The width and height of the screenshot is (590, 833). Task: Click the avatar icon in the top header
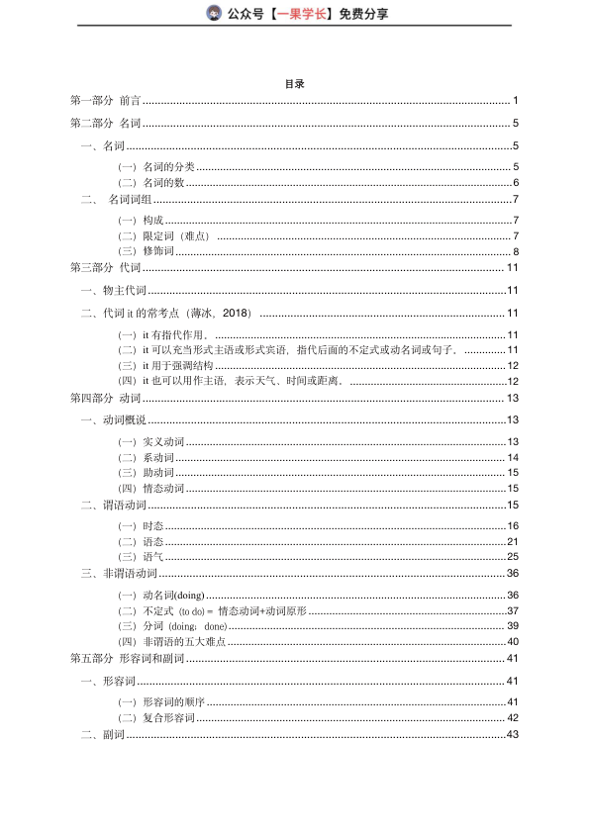click(214, 13)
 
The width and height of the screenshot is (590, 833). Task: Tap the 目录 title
click(294, 84)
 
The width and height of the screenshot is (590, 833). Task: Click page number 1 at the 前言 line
click(516, 101)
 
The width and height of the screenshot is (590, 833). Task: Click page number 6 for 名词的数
click(516, 183)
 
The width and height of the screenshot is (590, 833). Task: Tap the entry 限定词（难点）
click(164, 235)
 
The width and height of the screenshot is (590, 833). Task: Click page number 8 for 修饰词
click(516, 251)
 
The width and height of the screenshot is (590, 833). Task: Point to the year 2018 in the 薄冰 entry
click(238, 314)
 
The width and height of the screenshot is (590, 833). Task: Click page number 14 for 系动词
click(513, 458)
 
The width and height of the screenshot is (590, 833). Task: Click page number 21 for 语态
click(513, 541)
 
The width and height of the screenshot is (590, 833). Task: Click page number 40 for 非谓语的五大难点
click(513, 642)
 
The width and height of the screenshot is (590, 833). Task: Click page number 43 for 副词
click(513, 734)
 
